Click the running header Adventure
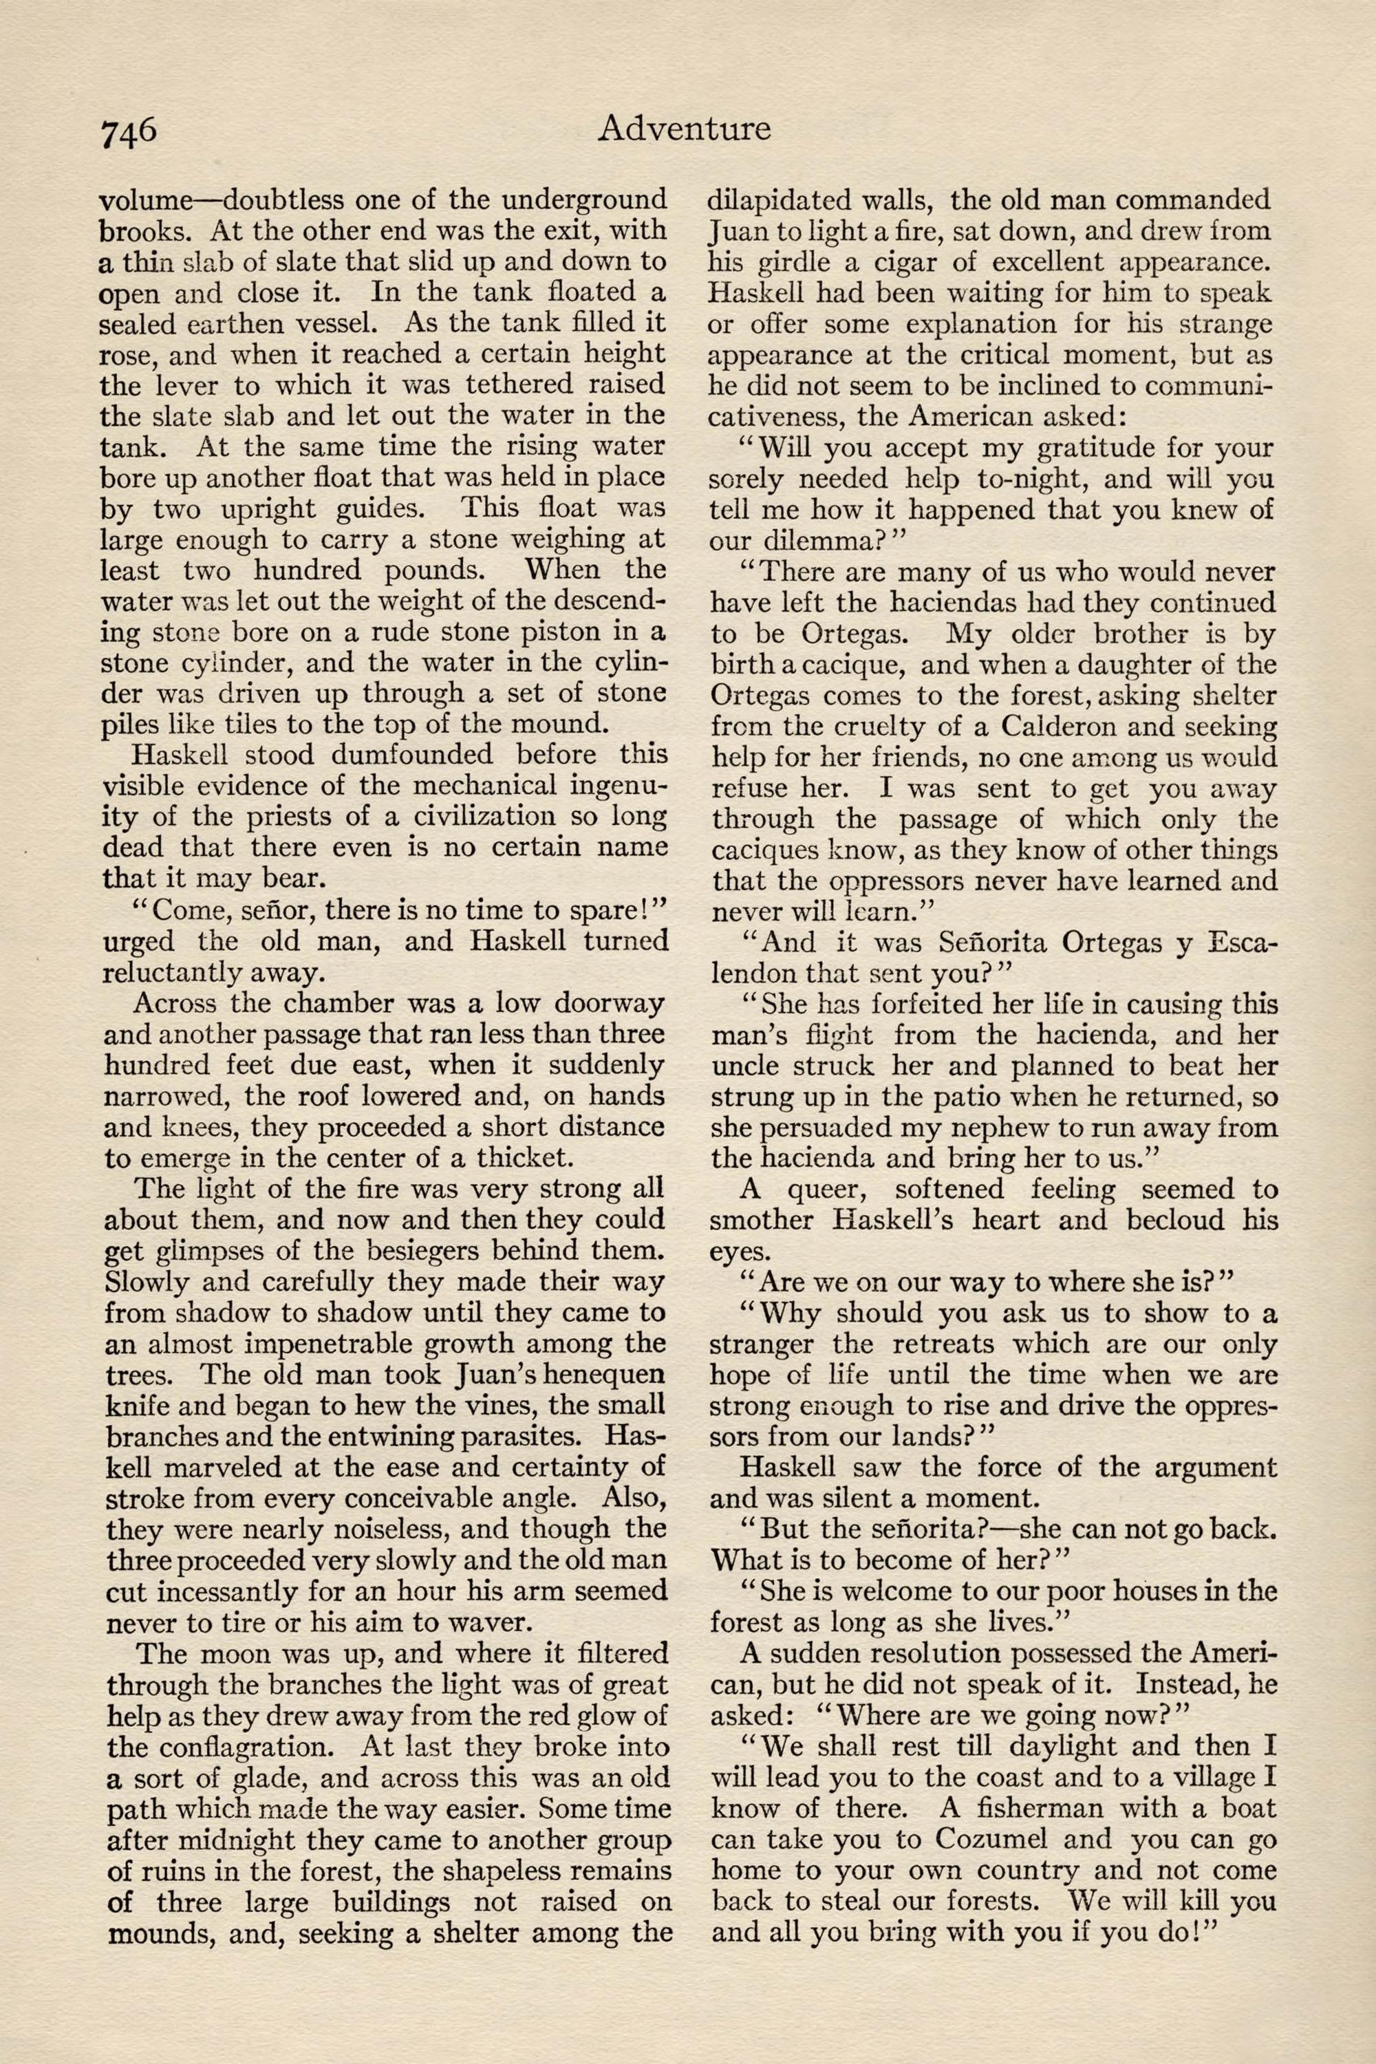[x=684, y=129]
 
